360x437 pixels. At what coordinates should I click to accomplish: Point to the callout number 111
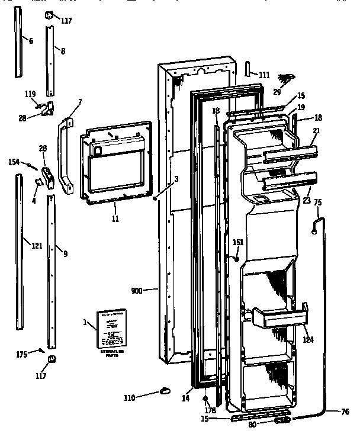(x=263, y=75)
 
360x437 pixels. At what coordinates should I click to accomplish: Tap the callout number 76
(x=345, y=413)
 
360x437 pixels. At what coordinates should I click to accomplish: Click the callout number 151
(x=237, y=242)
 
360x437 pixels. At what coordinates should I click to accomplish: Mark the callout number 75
(x=317, y=203)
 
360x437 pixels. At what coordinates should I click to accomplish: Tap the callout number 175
(x=21, y=355)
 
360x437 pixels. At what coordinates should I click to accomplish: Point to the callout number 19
(x=301, y=108)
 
